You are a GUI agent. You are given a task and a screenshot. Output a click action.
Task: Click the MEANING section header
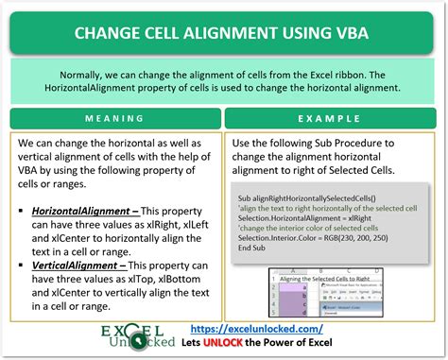click(x=114, y=120)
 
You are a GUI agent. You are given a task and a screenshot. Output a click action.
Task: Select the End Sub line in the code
click(x=252, y=249)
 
